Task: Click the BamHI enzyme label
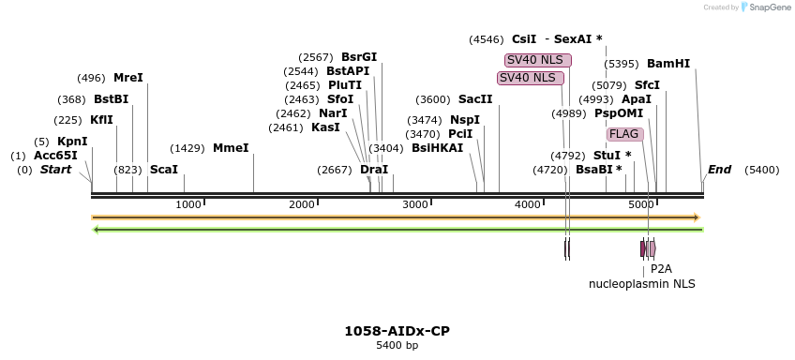[x=667, y=64]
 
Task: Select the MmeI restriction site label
[x=231, y=148]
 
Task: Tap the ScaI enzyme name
[x=163, y=170]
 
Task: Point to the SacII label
[x=474, y=99]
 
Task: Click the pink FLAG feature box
[x=624, y=134]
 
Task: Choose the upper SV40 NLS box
[x=537, y=60]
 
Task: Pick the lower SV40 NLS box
[x=531, y=78]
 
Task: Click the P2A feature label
[x=661, y=269]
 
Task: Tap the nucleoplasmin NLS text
[x=642, y=283]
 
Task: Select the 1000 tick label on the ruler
[x=189, y=204]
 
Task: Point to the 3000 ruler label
[x=415, y=204]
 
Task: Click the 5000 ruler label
[x=641, y=204]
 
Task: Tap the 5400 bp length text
[x=397, y=346]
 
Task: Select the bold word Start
[x=55, y=170]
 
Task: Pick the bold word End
[x=719, y=170]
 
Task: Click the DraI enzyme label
[x=374, y=170]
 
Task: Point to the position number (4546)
[x=487, y=39]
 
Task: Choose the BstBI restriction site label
[x=111, y=99]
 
